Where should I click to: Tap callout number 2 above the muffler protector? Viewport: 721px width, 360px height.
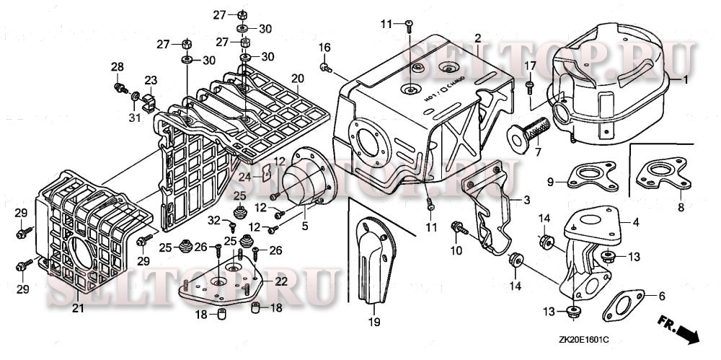[x=477, y=37]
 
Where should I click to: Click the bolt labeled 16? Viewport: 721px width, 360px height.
[x=324, y=69]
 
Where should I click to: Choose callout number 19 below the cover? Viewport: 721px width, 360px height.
[x=374, y=322]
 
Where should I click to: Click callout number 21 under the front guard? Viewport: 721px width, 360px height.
[x=78, y=309]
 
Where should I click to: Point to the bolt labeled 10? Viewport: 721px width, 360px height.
[x=457, y=228]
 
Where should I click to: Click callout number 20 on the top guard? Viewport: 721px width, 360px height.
[x=297, y=78]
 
